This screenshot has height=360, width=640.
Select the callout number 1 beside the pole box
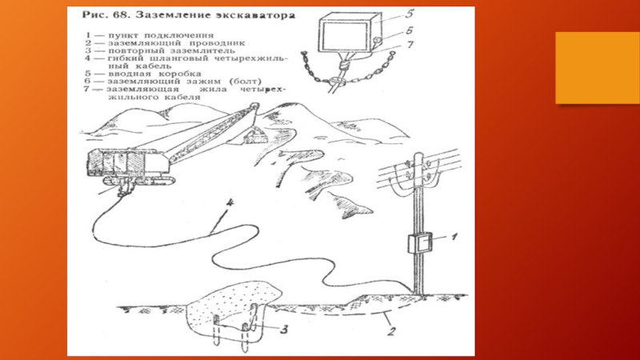coord(454,236)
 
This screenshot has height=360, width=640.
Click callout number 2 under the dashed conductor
coord(391,330)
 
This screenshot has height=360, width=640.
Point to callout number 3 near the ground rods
coord(284,329)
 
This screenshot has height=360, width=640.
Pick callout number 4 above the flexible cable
coord(230,203)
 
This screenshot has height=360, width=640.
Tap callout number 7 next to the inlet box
coord(410,44)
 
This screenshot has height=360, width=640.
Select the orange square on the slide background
coord(598,68)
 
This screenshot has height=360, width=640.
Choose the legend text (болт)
coord(246,82)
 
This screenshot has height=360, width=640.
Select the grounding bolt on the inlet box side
coord(377,41)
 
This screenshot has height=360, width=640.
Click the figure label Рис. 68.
coord(106,15)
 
